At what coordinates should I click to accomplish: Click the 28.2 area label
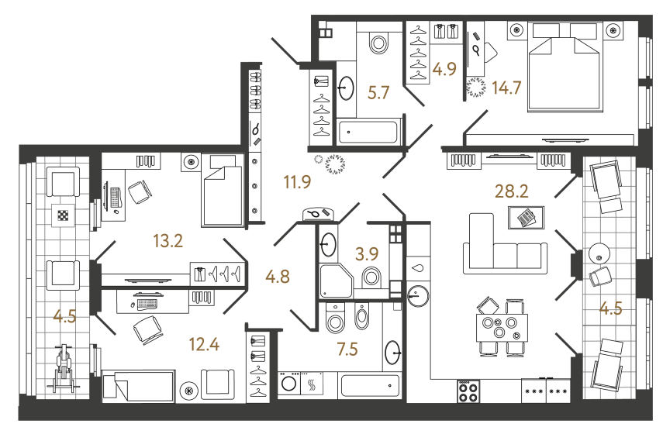pyautogui.click(x=513, y=191)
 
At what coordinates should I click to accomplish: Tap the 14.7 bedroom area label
pyautogui.click(x=506, y=87)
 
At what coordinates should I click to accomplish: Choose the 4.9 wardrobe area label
pyautogui.click(x=444, y=69)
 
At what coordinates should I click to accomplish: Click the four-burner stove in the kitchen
pyautogui.click(x=468, y=391)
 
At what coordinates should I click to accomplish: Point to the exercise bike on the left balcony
pyautogui.click(x=64, y=370)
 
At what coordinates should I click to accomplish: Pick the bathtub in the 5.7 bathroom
pyautogui.click(x=367, y=131)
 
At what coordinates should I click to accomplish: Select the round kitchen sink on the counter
pyautogui.click(x=419, y=294)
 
